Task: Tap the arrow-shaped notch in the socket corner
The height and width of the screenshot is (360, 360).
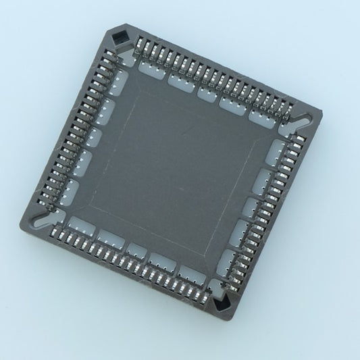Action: tap(223, 305)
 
